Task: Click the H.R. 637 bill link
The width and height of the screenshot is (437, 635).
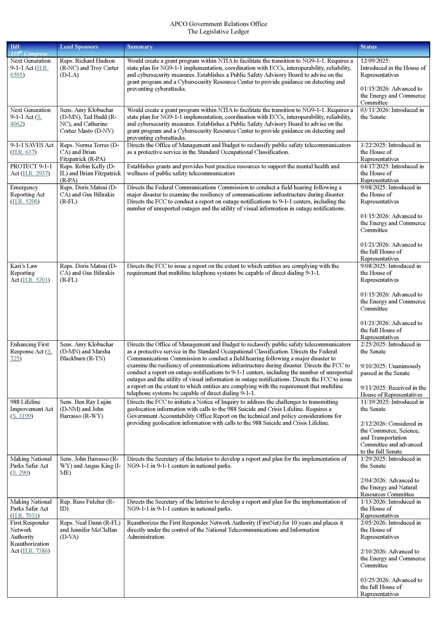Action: coord(24,152)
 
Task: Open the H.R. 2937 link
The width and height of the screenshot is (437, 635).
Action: coord(35,173)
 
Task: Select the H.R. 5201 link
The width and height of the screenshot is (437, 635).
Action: coord(35,280)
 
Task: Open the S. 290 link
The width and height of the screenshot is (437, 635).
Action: coord(20,473)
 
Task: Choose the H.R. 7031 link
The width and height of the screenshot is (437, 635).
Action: coord(25,515)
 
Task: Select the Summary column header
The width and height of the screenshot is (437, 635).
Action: coord(140,47)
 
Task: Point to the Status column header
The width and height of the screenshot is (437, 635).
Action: coord(368,47)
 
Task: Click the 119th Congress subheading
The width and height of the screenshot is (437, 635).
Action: coord(29,54)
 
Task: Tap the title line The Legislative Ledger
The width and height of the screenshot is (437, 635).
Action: coord(218,32)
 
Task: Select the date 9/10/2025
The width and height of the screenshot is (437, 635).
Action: coord(373,366)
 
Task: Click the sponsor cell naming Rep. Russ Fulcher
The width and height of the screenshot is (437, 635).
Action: coord(87,505)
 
